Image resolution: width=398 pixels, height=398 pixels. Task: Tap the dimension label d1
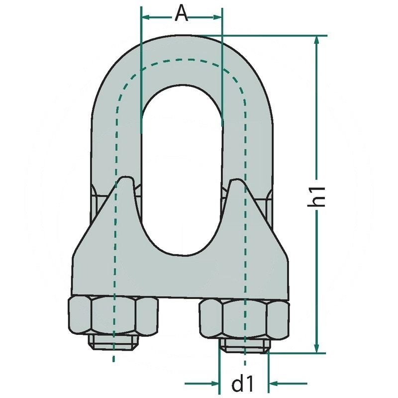pos(244,384)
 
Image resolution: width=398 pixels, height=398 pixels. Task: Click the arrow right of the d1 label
pos(279,384)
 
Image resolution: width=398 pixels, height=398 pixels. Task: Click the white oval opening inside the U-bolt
pos(182,174)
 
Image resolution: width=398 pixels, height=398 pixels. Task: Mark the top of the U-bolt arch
pos(182,37)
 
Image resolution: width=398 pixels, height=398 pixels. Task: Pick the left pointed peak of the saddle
pos(126,178)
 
